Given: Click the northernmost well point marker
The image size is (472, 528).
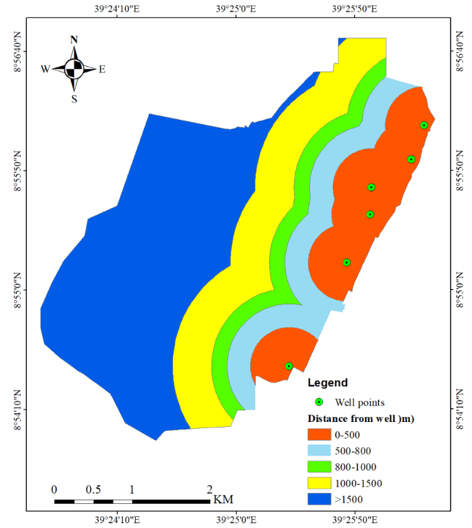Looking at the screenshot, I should pyautogui.click(x=424, y=125).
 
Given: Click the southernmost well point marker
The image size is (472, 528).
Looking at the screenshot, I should pyautogui.click(x=289, y=366).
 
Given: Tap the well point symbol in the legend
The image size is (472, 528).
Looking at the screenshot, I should pyautogui.click(x=318, y=402).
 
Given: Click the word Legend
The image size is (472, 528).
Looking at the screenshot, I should pyautogui.click(x=327, y=383).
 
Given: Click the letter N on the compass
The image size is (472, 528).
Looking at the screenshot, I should pyautogui.click(x=74, y=40).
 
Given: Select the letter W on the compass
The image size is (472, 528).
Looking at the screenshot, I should pyautogui.click(x=45, y=69).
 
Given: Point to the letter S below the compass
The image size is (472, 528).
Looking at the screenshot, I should pyautogui.click(x=74, y=98).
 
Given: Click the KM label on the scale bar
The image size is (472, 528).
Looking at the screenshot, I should pyautogui.click(x=223, y=498).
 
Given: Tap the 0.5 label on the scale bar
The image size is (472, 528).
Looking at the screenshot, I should pyautogui.click(x=93, y=489).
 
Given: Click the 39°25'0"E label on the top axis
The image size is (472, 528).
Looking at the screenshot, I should pyautogui.click(x=236, y=10).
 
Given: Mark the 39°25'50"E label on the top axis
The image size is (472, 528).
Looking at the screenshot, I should pyautogui.click(x=354, y=10).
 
